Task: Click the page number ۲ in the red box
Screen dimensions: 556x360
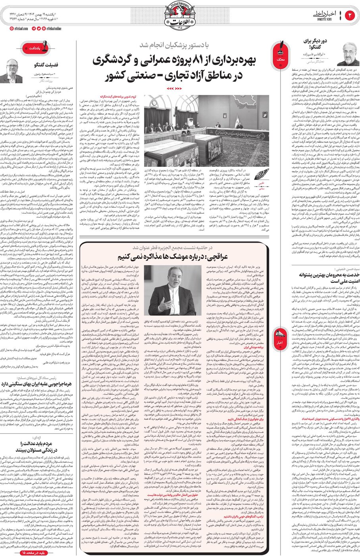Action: point(350,16)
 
